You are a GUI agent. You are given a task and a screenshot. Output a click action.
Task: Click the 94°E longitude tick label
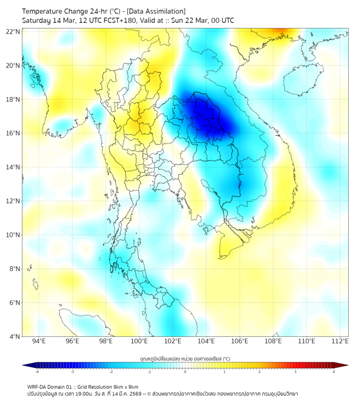(38, 341)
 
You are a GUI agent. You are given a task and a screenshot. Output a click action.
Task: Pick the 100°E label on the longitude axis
(139, 341)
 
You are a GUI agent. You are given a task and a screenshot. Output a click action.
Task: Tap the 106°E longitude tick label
(240, 341)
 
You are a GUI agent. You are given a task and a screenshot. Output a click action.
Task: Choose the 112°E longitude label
(340, 341)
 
